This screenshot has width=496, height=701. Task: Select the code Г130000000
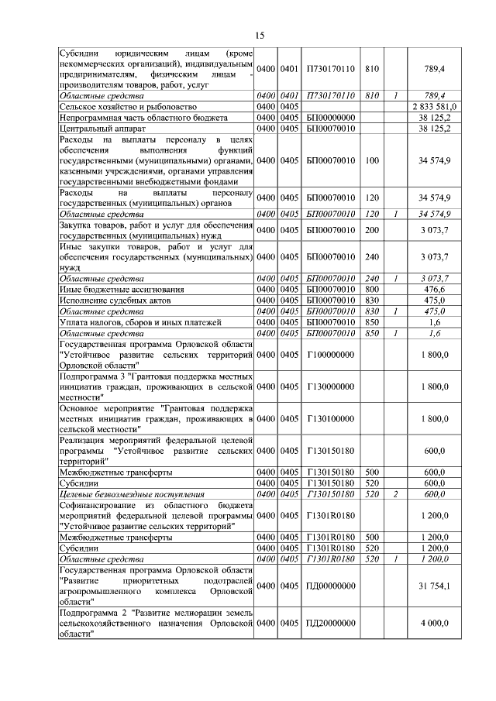(330, 387)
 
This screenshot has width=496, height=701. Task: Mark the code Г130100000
(330, 419)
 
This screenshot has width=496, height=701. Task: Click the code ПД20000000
(330, 623)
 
